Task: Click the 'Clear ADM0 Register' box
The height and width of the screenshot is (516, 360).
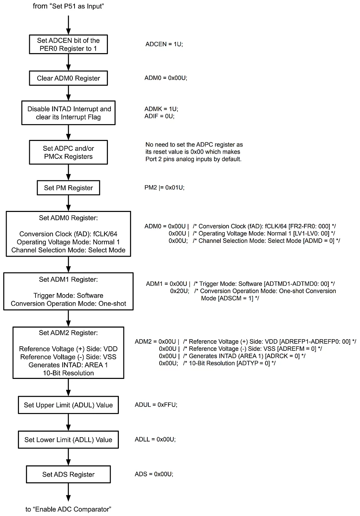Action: pyautogui.click(x=68, y=78)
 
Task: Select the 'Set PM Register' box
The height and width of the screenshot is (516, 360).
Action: pyautogui.click(x=68, y=188)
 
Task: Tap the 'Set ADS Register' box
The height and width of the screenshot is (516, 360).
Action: pyautogui.click(x=68, y=474)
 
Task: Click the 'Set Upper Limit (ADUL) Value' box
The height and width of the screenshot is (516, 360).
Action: pyautogui.click(x=68, y=405)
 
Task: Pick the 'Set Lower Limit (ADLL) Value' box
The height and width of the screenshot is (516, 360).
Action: pyautogui.click(x=68, y=440)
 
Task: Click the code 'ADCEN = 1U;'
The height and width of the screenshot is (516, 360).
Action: pyautogui.click(x=164, y=44)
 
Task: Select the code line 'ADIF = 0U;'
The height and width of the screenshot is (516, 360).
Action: pyautogui.click(x=159, y=116)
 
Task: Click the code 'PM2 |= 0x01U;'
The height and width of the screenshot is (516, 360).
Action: pyautogui.click(x=164, y=187)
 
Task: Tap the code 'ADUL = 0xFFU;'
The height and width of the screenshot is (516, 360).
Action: pyautogui.click(x=156, y=405)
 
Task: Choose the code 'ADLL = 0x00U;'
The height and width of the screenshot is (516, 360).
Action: pyautogui.click(x=155, y=439)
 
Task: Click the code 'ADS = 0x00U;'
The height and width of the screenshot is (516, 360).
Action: pyautogui.click(x=154, y=474)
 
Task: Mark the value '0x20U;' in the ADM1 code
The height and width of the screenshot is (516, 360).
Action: pyautogui.click(x=180, y=291)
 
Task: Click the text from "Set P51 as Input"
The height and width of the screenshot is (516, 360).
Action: pyautogui.click(x=68, y=6)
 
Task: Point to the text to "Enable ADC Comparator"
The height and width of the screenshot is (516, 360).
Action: pyautogui.click(x=68, y=509)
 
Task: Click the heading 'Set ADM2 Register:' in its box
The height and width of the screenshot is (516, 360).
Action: pyautogui.click(x=68, y=333)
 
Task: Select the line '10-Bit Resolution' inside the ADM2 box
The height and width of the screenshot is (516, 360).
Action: pyautogui.click(x=68, y=373)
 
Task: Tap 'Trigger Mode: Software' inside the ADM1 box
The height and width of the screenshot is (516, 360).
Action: pyautogui.click(x=68, y=295)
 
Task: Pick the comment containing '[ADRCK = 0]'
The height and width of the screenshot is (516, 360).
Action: pyautogui.click(x=244, y=356)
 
